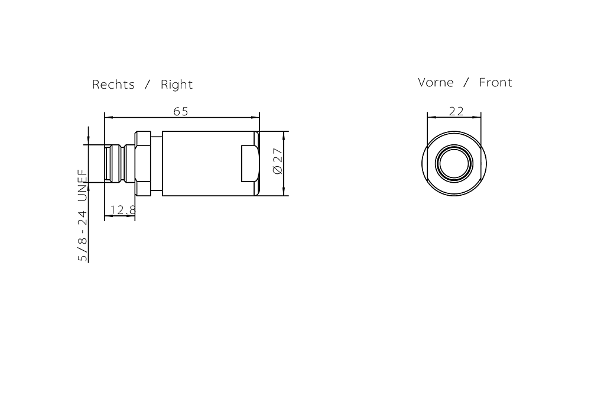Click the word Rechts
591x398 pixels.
coord(113,85)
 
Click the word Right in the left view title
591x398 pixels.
coord(177,85)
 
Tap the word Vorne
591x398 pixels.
coord(436,82)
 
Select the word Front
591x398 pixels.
coord(495,82)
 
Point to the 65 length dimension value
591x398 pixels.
coord(181,111)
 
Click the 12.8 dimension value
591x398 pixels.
coord(123,210)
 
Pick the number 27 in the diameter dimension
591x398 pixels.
coord(278,157)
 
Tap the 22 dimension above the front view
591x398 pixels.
coord(456,111)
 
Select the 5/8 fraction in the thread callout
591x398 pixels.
coord(83,249)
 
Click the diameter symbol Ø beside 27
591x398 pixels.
coord(278,169)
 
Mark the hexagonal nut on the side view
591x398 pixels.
coord(143,163)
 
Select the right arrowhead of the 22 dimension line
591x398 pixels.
coord(478,117)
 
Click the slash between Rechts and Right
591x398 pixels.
coord(148,85)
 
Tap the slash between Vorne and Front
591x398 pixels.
coord(466,82)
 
